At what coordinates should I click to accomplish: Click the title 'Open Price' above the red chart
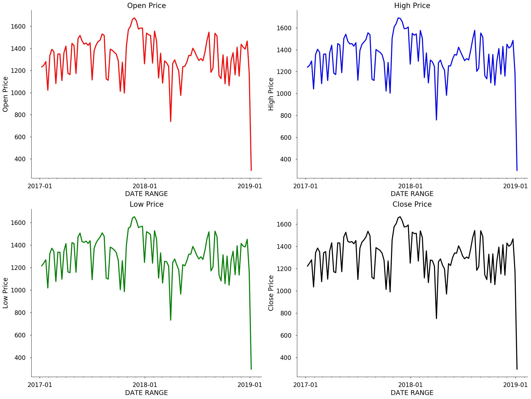point(146,6)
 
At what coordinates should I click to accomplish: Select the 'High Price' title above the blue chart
point(412,6)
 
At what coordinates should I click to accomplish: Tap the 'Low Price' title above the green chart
point(146,204)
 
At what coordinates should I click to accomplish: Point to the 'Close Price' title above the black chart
point(412,204)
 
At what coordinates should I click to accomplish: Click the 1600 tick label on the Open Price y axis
point(18,27)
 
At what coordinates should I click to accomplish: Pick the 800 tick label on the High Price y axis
point(286,116)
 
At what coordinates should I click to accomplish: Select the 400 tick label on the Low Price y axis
point(20,358)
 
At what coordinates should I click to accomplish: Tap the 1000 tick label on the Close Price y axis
point(284,291)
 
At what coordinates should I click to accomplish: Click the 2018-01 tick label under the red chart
point(145,186)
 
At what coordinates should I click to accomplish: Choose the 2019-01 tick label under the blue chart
point(515,186)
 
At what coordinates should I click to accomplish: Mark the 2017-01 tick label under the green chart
point(40,385)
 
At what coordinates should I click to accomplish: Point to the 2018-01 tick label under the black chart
point(411,385)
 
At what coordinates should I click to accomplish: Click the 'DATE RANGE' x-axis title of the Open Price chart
point(146,194)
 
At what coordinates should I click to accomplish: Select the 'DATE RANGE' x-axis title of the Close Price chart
point(412,393)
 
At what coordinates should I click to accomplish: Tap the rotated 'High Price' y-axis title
point(271,94)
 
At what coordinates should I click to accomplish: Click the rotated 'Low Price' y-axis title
point(5,293)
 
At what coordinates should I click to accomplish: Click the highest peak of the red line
point(134,18)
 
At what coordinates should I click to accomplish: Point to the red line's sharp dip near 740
point(171,122)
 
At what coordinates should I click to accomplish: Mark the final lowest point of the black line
point(517,369)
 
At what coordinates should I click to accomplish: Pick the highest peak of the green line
point(134,217)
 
